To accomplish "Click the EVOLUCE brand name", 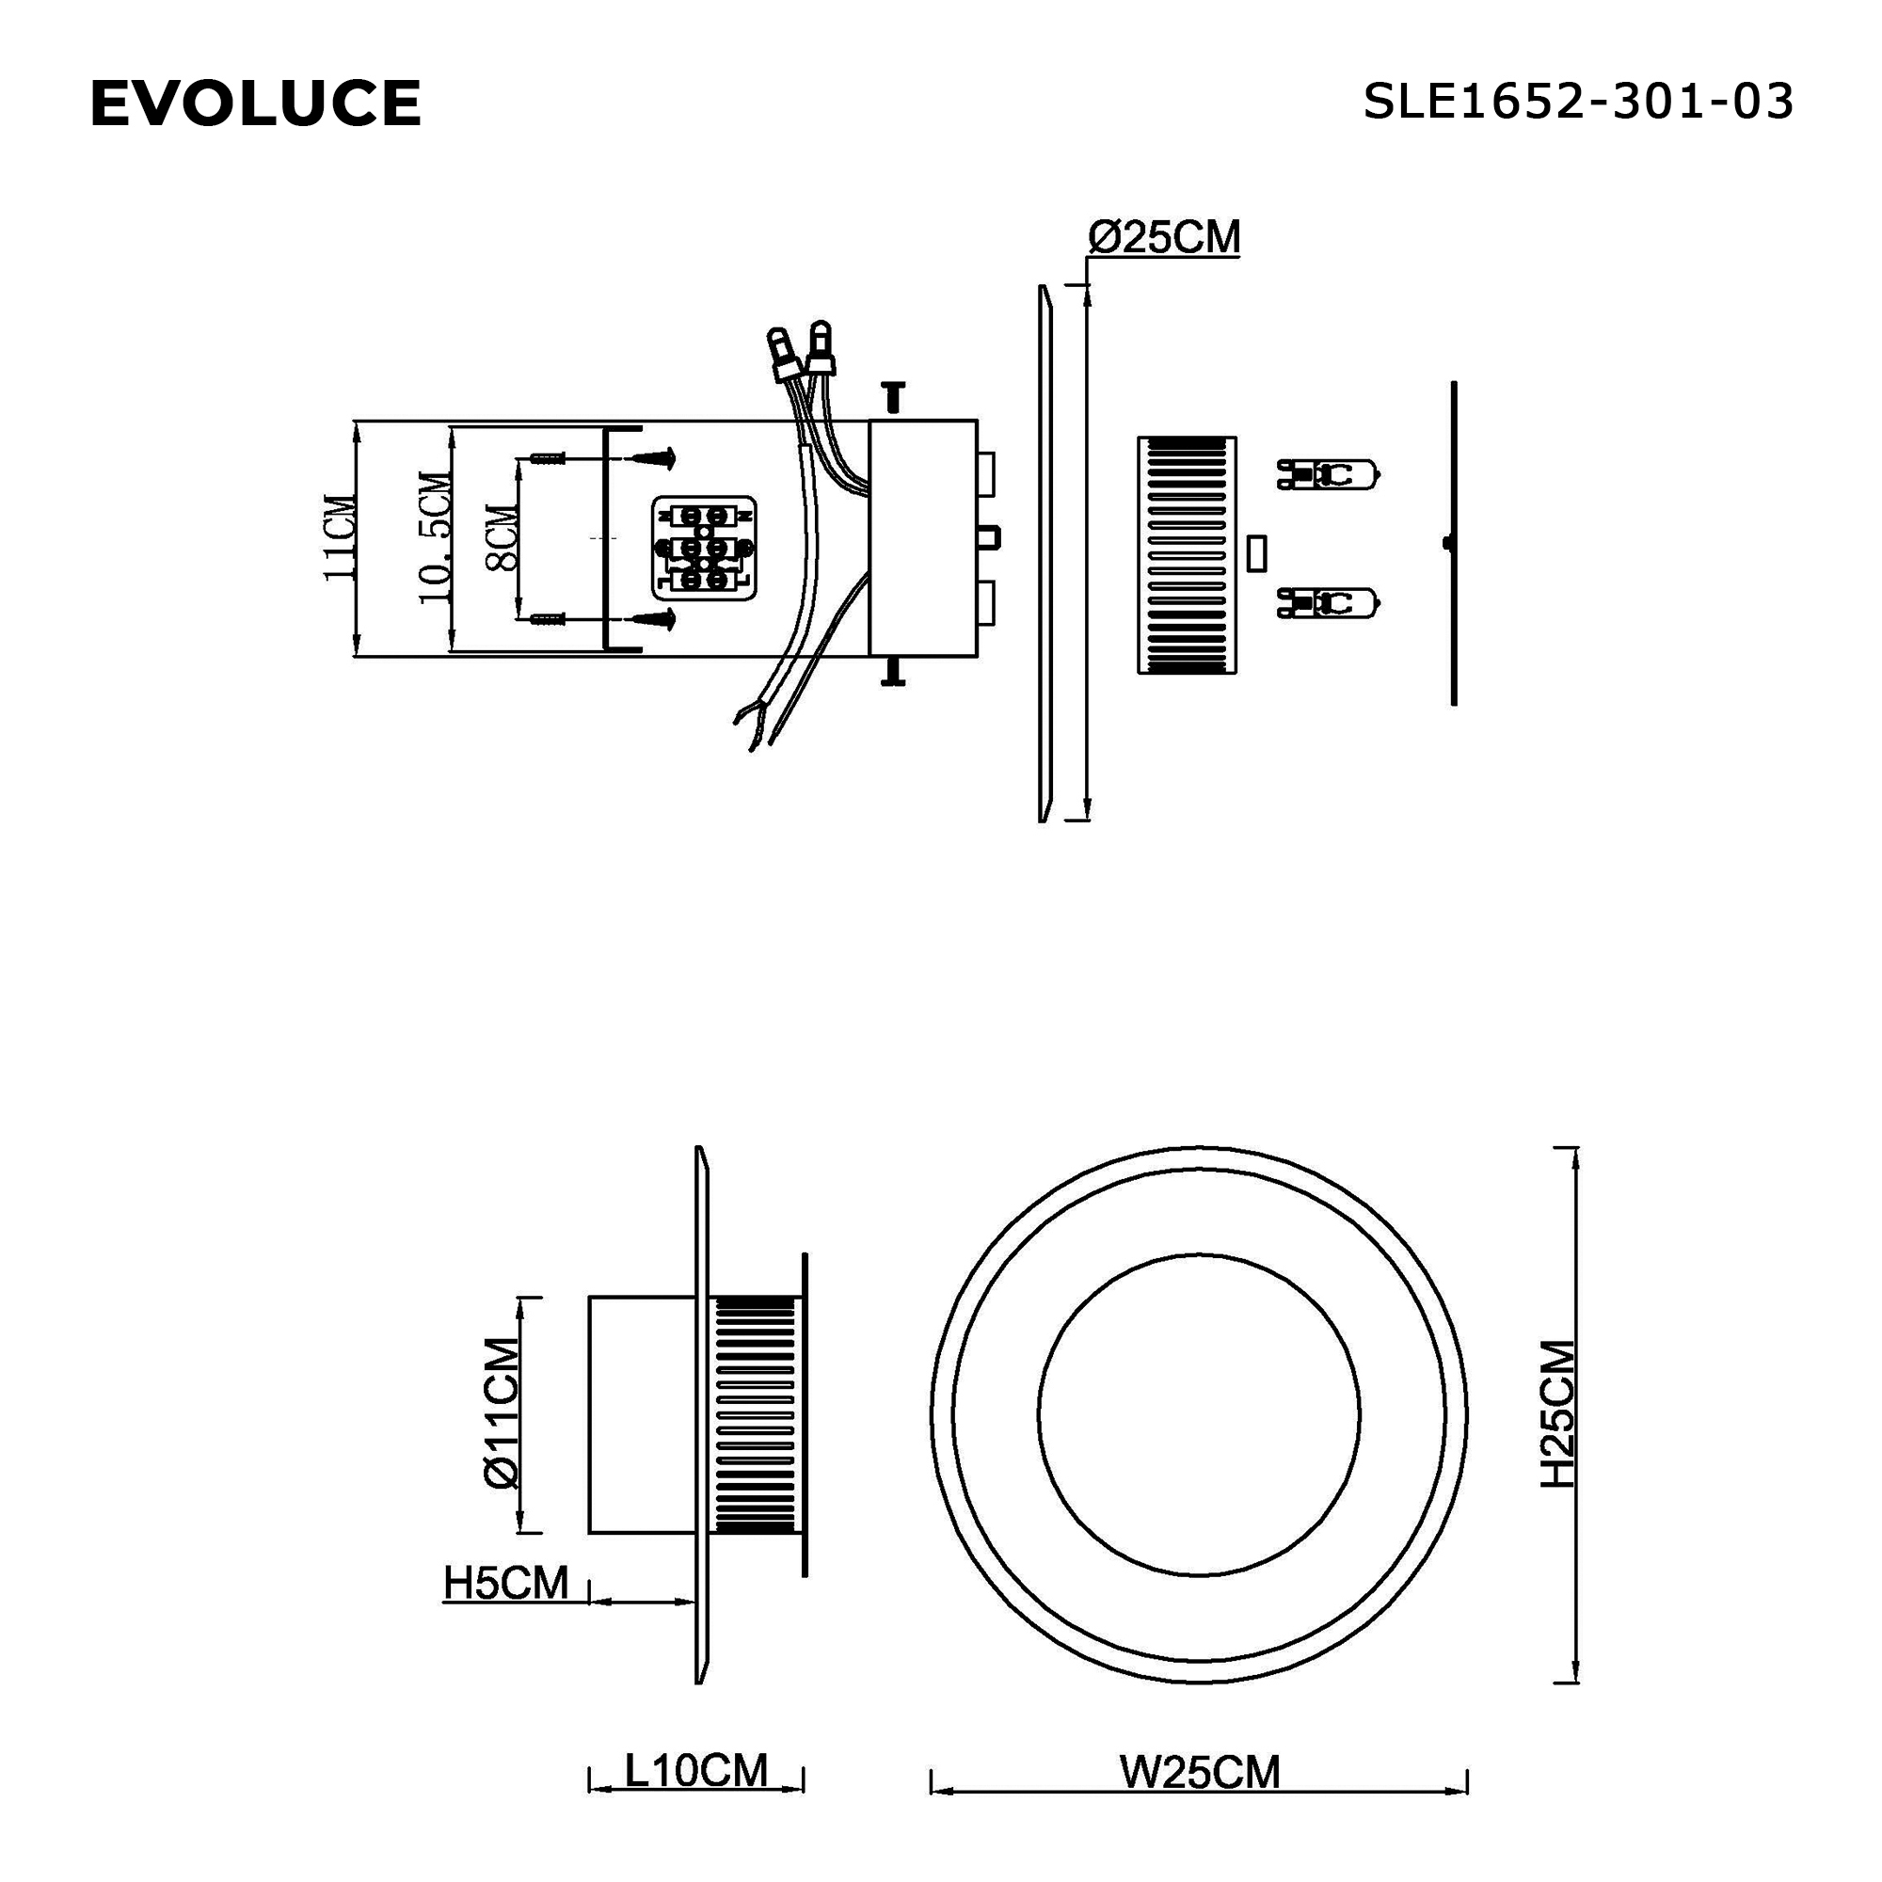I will coord(255,104).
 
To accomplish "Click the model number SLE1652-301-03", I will coord(1577,102).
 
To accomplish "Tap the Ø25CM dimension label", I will coord(1164,238).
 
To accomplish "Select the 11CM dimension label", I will coord(340,538).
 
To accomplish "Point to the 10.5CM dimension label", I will coord(435,538).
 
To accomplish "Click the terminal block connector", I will coord(703,548).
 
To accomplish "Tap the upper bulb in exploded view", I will coord(1329,474).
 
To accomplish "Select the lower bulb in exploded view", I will coord(1329,604).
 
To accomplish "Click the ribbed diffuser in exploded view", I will coord(1187,555).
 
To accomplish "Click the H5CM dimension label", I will coord(505,1583).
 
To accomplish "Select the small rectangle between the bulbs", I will coord(1256,552).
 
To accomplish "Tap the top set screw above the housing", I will coord(892,395).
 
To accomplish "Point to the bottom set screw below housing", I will coord(892,672).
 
